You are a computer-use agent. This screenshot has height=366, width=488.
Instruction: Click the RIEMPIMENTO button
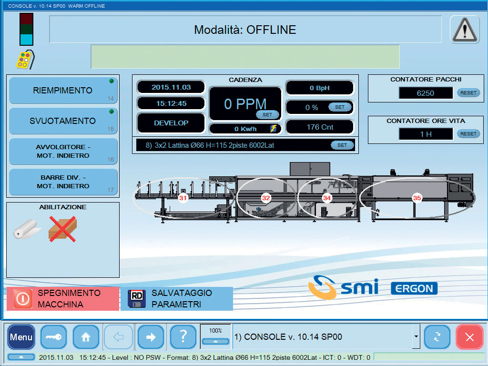pos(63,90)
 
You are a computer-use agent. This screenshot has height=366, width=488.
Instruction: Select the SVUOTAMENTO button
pos(63,121)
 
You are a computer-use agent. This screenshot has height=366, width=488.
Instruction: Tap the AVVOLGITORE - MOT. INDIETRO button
pos(63,151)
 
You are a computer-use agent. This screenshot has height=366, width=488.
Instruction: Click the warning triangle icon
pos(464,30)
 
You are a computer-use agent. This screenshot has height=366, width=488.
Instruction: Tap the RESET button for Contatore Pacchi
pos(468,93)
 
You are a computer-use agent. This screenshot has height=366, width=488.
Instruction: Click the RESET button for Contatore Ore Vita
pos(468,134)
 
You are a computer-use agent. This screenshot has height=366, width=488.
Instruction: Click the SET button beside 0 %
pos(339,107)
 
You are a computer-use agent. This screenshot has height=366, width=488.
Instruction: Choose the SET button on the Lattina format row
pos(342,145)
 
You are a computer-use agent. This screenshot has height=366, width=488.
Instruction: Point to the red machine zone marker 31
pos(183,198)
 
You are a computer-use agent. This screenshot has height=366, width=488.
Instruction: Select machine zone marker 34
pos(327,198)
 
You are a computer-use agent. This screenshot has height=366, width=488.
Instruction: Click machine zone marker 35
pos(417,198)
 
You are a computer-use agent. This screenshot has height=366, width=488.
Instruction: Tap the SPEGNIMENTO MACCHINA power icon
pos(22,299)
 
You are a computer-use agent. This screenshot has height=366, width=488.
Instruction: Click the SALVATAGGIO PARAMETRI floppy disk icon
pos(137,299)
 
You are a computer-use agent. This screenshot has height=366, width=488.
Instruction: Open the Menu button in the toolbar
pos(21,337)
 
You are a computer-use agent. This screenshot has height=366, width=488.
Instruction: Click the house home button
pos(86,337)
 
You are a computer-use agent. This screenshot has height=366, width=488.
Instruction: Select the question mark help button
pos(183,337)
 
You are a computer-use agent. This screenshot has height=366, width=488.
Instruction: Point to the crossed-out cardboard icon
pos(62,229)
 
